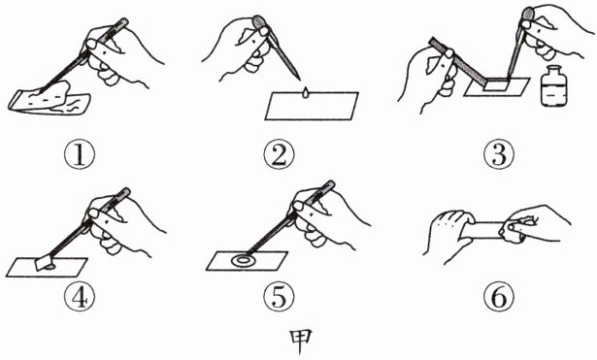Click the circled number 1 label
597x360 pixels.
click(80, 155)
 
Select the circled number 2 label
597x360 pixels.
click(279, 155)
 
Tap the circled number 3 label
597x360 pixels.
click(499, 155)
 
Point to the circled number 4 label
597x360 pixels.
click(80, 297)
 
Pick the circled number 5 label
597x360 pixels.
click(279, 297)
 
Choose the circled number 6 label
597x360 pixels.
click(499, 297)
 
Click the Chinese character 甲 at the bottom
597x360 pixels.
click(301, 341)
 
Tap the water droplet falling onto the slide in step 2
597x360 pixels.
click(306, 93)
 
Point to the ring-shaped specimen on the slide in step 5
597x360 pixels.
click(242, 261)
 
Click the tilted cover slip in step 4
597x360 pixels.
click(44, 262)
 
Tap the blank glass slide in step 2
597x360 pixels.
click(312, 106)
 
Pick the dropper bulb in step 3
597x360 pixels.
click(529, 16)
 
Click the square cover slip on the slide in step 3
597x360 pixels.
click(496, 84)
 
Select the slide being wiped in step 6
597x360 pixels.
click(482, 230)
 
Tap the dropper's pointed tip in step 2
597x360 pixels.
click(299, 80)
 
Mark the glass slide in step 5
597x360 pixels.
click(247, 261)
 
